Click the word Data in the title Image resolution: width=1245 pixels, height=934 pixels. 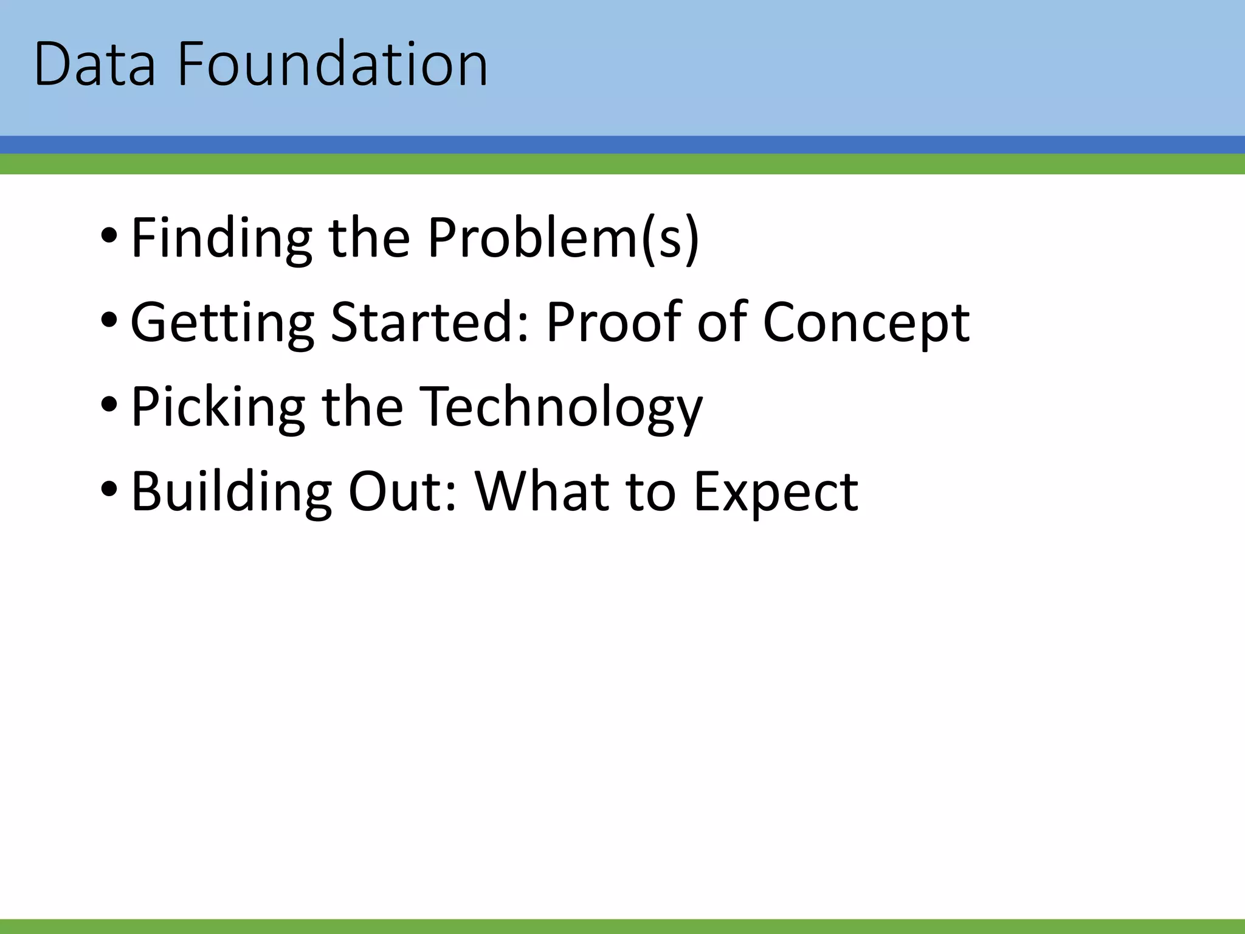click(95, 64)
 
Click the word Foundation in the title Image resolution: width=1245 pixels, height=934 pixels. click(333, 64)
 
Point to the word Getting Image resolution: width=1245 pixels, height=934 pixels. click(222, 323)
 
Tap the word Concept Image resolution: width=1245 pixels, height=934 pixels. click(866, 323)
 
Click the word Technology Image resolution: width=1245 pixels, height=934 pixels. click(561, 407)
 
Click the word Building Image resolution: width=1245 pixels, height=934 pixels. click(232, 492)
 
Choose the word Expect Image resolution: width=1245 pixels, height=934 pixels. click(776, 492)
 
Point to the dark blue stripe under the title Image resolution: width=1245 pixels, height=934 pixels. click(622, 145)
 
